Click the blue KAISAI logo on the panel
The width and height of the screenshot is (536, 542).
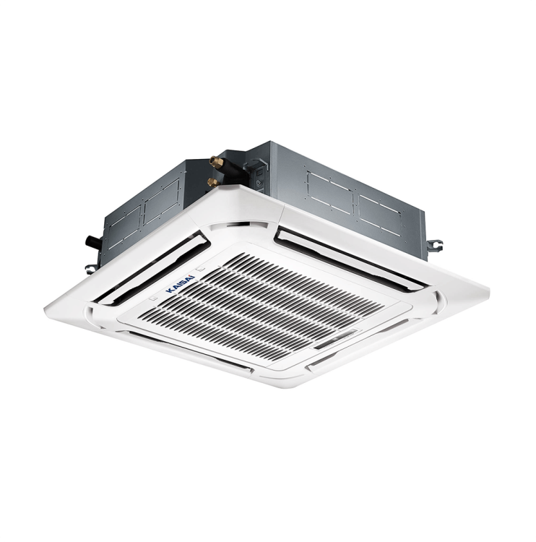coord(181,284)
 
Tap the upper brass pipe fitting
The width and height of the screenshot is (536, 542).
coord(216,162)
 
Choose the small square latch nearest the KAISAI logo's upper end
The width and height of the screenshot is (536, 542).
coord(201,268)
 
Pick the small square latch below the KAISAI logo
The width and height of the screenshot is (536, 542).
coord(153,298)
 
